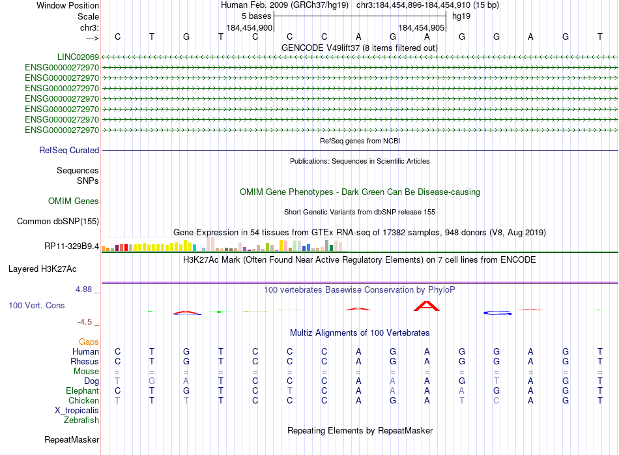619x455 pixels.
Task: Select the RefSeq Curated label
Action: [x=69, y=150]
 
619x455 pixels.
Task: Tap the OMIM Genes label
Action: [x=74, y=201]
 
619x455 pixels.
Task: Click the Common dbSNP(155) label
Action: [x=57, y=221]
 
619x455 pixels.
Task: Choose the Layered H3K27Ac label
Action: [x=42, y=269]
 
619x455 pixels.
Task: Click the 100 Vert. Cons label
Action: [x=36, y=305]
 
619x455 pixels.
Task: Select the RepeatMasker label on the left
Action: [x=71, y=440]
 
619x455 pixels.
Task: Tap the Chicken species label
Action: [x=84, y=401]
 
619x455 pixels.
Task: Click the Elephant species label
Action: [x=82, y=391]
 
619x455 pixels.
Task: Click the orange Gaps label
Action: [x=89, y=342]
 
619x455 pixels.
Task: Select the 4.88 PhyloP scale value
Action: [x=86, y=289]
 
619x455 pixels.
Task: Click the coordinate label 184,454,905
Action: [x=422, y=28]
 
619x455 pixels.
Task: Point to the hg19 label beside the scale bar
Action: [x=461, y=16]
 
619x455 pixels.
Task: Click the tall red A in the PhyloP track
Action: [x=427, y=306]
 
